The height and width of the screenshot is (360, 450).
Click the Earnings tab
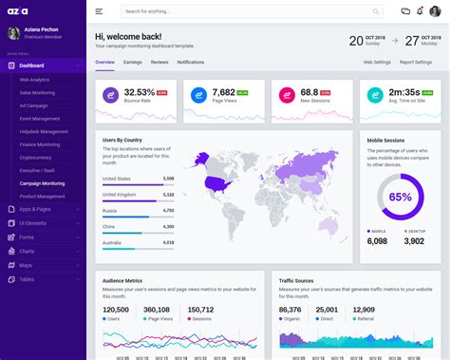pyautogui.click(x=133, y=62)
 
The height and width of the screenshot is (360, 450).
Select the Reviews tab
pyautogui.click(x=159, y=62)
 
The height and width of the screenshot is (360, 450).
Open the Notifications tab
pyautogui.click(x=191, y=62)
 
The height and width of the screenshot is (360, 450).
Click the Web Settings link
pyautogui.click(x=377, y=62)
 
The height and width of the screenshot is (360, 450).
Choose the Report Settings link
pyautogui.click(x=416, y=62)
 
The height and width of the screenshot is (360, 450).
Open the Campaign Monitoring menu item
pyautogui.click(x=43, y=183)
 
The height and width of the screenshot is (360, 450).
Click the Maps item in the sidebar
pyautogui.click(x=26, y=265)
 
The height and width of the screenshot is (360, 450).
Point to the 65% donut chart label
pyautogui.click(x=400, y=198)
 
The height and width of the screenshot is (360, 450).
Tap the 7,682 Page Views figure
pyautogui.click(x=224, y=93)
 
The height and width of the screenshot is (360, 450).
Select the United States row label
pyautogui.click(x=117, y=179)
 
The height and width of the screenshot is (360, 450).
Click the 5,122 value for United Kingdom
pyautogui.click(x=168, y=194)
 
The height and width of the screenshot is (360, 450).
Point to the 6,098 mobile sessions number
pyautogui.click(x=377, y=241)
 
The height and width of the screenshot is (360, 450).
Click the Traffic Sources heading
pyautogui.click(x=298, y=281)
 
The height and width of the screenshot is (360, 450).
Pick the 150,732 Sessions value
pyautogui.click(x=200, y=310)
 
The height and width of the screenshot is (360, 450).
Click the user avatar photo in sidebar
pyautogui.click(x=14, y=33)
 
